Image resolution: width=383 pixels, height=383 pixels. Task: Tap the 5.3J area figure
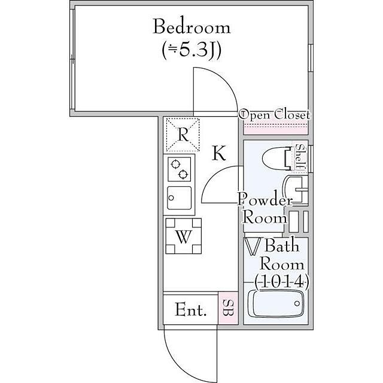click(x=191, y=50)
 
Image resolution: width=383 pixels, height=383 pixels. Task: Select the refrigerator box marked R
click(x=183, y=135)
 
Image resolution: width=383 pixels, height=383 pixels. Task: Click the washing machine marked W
click(x=184, y=236)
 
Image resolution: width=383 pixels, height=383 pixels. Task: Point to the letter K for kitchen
click(x=219, y=153)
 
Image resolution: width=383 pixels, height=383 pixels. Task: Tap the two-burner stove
click(x=180, y=169)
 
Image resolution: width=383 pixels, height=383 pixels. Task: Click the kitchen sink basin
click(x=180, y=198)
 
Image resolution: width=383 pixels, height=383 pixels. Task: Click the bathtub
click(x=276, y=303)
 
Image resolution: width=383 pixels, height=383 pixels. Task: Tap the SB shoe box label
click(x=228, y=308)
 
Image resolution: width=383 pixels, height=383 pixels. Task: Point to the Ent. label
click(x=191, y=310)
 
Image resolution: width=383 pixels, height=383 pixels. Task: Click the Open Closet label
click(x=275, y=115)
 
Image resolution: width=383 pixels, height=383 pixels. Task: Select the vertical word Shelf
click(x=300, y=157)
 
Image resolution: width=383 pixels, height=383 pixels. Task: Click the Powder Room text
click(x=265, y=209)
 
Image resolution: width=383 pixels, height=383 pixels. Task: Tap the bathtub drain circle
click(x=297, y=303)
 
